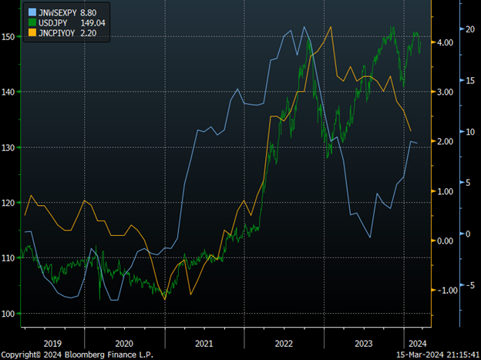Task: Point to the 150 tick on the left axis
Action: coord(9,36)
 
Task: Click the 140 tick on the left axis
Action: coord(9,92)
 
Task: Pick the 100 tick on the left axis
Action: coord(9,314)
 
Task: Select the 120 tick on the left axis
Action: coord(9,203)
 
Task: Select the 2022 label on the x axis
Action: coord(284,344)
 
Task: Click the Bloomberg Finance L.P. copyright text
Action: coord(77,355)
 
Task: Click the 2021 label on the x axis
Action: coord(205,344)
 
